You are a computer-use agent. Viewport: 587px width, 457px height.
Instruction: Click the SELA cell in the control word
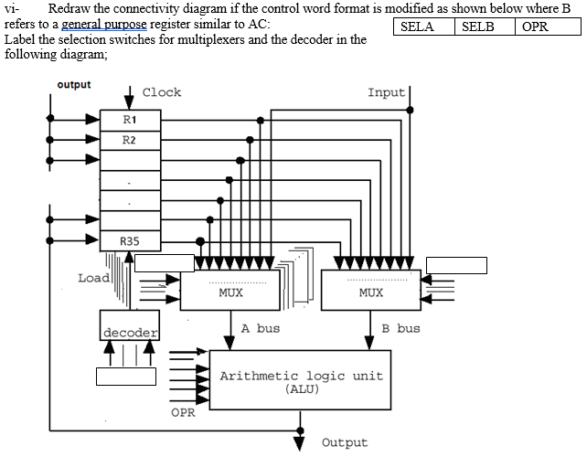click(418, 27)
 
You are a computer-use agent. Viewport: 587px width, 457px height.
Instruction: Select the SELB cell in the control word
click(478, 27)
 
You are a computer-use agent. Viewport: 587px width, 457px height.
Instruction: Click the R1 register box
click(129, 120)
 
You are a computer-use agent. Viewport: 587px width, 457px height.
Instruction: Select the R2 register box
click(129, 140)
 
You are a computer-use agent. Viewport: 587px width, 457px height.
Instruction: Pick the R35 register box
click(129, 240)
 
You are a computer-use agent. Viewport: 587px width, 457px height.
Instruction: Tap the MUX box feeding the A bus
click(231, 292)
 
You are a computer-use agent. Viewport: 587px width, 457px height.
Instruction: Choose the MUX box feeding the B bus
click(370, 292)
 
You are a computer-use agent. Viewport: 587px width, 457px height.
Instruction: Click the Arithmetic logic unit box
click(301, 380)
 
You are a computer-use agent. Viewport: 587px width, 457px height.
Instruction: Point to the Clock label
click(162, 92)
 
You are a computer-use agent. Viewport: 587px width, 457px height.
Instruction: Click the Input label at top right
click(386, 92)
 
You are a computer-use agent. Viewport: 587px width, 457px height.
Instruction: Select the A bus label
click(261, 328)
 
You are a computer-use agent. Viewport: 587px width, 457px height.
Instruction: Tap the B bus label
click(400, 328)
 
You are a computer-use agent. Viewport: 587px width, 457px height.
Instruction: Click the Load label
click(93, 278)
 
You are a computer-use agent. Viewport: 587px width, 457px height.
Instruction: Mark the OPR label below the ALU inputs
click(183, 412)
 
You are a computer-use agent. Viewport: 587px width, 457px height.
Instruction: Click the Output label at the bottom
click(345, 442)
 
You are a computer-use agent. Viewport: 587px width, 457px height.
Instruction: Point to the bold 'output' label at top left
click(74, 84)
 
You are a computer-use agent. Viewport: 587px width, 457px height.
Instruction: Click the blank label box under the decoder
click(126, 376)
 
